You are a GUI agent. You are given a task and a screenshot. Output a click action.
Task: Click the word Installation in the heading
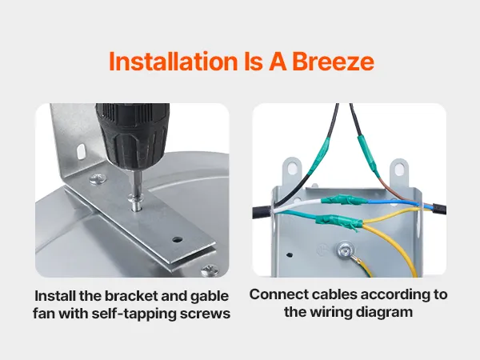(x=174, y=62)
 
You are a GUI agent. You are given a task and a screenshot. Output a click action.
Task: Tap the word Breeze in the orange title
(x=333, y=62)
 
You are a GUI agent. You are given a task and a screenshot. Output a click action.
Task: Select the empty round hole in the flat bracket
(x=177, y=240)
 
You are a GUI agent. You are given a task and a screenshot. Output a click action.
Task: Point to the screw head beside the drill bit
(x=98, y=178)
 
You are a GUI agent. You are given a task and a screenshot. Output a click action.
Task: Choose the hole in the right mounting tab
(x=399, y=169)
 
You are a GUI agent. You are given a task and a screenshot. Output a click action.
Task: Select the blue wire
(x=395, y=202)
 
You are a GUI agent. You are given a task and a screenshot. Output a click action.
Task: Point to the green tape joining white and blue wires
(x=343, y=201)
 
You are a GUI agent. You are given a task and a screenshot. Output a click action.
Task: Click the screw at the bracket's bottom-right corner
(x=210, y=270)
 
